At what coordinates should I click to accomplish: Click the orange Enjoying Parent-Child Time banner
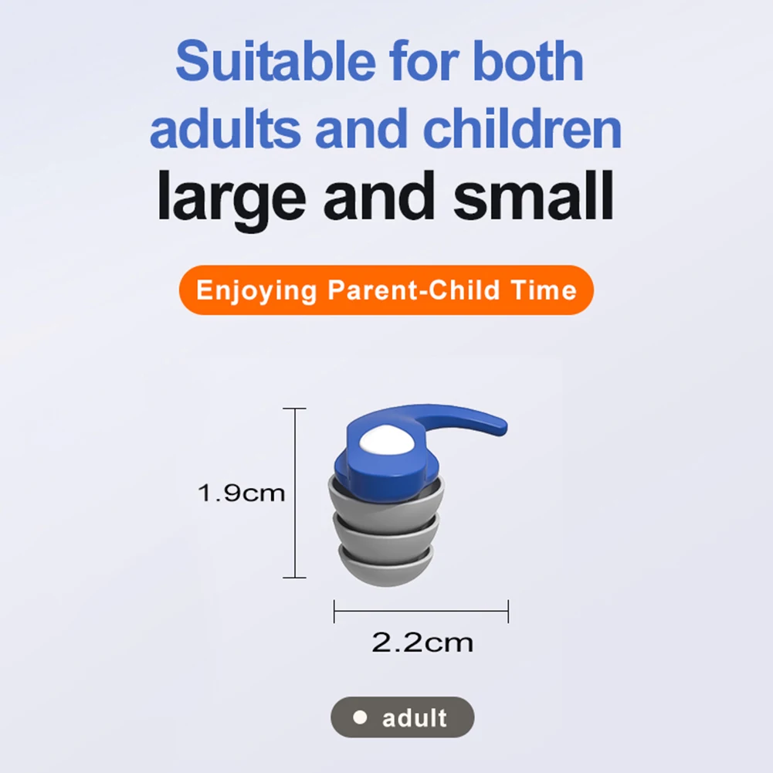386,290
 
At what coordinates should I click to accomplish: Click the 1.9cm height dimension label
241,493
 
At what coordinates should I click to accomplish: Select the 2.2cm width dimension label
422,642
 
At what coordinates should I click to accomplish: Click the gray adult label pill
402,717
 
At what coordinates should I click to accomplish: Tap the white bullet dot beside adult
358,717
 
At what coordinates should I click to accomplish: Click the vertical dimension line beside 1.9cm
296,493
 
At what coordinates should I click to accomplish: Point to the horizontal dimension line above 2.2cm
421,611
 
